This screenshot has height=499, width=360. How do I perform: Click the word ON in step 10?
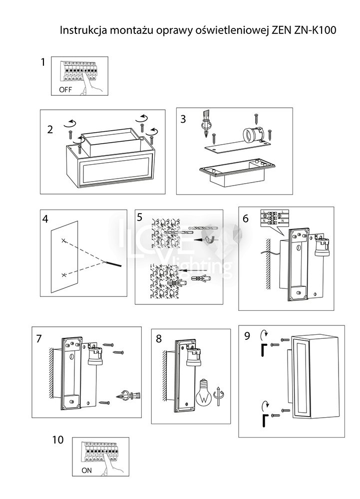(86, 470)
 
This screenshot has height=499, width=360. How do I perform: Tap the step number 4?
(45, 219)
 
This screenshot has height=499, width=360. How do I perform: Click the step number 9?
(247, 336)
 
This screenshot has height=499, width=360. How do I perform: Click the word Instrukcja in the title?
(81, 30)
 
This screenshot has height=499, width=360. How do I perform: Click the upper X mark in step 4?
(63, 241)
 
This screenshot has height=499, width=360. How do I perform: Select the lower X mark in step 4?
(63, 275)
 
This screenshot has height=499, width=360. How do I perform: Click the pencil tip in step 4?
(107, 261)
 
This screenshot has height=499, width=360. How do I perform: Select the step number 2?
(50, 130)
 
